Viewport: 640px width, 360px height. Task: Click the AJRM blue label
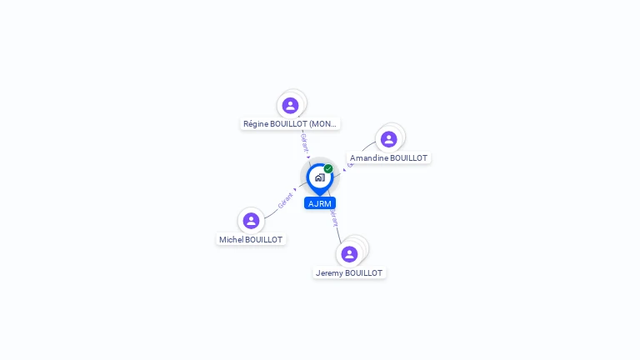[320, 203]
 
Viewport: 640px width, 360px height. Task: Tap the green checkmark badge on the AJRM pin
[328, 169]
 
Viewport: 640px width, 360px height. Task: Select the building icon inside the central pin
[319, 177]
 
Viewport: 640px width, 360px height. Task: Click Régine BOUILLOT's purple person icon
[290, 106]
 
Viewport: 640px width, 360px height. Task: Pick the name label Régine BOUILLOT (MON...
[290, 123]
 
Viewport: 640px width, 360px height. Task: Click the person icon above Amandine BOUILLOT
[388, 139]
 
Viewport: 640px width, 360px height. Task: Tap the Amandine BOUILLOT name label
[388, 157]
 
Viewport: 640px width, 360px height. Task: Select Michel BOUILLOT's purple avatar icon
[251, 221]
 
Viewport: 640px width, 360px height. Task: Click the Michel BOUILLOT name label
[251, 239]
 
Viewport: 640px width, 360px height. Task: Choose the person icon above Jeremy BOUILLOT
[349, 253]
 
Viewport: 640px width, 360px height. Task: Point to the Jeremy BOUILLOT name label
[349, 272]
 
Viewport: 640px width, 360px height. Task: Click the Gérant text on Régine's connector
[305, 142]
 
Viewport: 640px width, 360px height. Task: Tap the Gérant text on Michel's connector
[285, 201]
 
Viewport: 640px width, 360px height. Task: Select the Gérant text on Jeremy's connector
[334, 218]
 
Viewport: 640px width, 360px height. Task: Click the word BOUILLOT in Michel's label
[264, 239]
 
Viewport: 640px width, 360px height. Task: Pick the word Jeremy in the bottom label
[329, 272]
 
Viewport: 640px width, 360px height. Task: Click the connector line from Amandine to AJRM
[364, 151]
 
